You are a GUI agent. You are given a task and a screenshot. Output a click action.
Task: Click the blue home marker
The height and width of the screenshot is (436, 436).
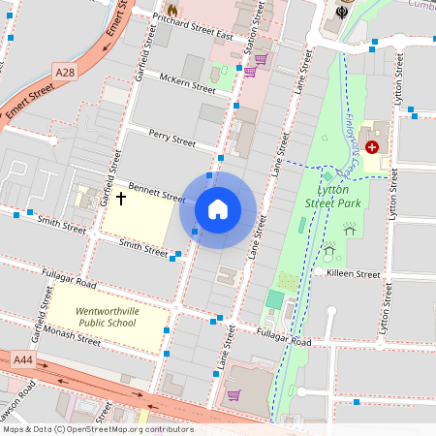point(217,209)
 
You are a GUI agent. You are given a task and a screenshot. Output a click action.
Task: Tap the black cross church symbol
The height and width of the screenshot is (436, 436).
point(121,198)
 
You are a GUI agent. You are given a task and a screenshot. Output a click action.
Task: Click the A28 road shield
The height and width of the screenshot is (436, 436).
point(65,73)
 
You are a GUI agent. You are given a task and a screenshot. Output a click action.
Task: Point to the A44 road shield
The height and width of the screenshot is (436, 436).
point(23,359)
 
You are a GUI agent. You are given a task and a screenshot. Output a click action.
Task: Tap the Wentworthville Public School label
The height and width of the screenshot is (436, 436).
point(107,318)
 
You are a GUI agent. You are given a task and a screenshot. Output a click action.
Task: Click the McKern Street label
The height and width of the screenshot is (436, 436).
point(188,86)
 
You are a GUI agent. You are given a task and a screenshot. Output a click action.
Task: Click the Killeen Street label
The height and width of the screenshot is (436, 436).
point(354,274)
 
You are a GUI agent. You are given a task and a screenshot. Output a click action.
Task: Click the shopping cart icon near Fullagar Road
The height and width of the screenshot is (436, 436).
point(234,394)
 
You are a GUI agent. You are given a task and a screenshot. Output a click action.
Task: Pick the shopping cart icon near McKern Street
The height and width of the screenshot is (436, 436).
point(249,71)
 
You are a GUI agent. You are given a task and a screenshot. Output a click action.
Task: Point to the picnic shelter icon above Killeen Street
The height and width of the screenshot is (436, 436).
point(349,229)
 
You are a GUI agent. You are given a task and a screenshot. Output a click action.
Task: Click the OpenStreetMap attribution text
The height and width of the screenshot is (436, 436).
point(97,429)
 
